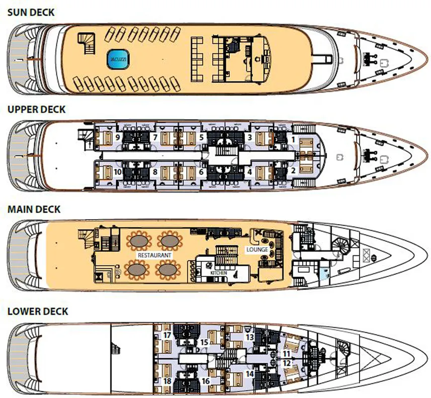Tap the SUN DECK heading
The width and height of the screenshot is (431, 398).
(x=31, y=12)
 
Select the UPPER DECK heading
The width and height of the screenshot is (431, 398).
(x=36, y=109)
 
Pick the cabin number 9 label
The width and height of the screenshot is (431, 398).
(x=117, y=137)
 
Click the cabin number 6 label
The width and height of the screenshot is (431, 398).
(x=201, y=172)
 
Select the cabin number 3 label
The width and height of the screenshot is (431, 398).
(x=248, y=137)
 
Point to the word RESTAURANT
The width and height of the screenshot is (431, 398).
(x=155, y=255)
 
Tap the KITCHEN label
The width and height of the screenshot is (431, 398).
(x=218, y=272)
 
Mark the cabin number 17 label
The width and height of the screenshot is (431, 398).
(x=167, y=335)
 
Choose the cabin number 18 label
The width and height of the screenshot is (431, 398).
(x=167, y=381)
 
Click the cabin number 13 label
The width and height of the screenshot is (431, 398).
(x=250, y=337)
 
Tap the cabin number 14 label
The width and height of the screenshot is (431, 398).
(x=250, y=373)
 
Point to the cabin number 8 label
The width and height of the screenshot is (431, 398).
(x=155, y=172)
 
